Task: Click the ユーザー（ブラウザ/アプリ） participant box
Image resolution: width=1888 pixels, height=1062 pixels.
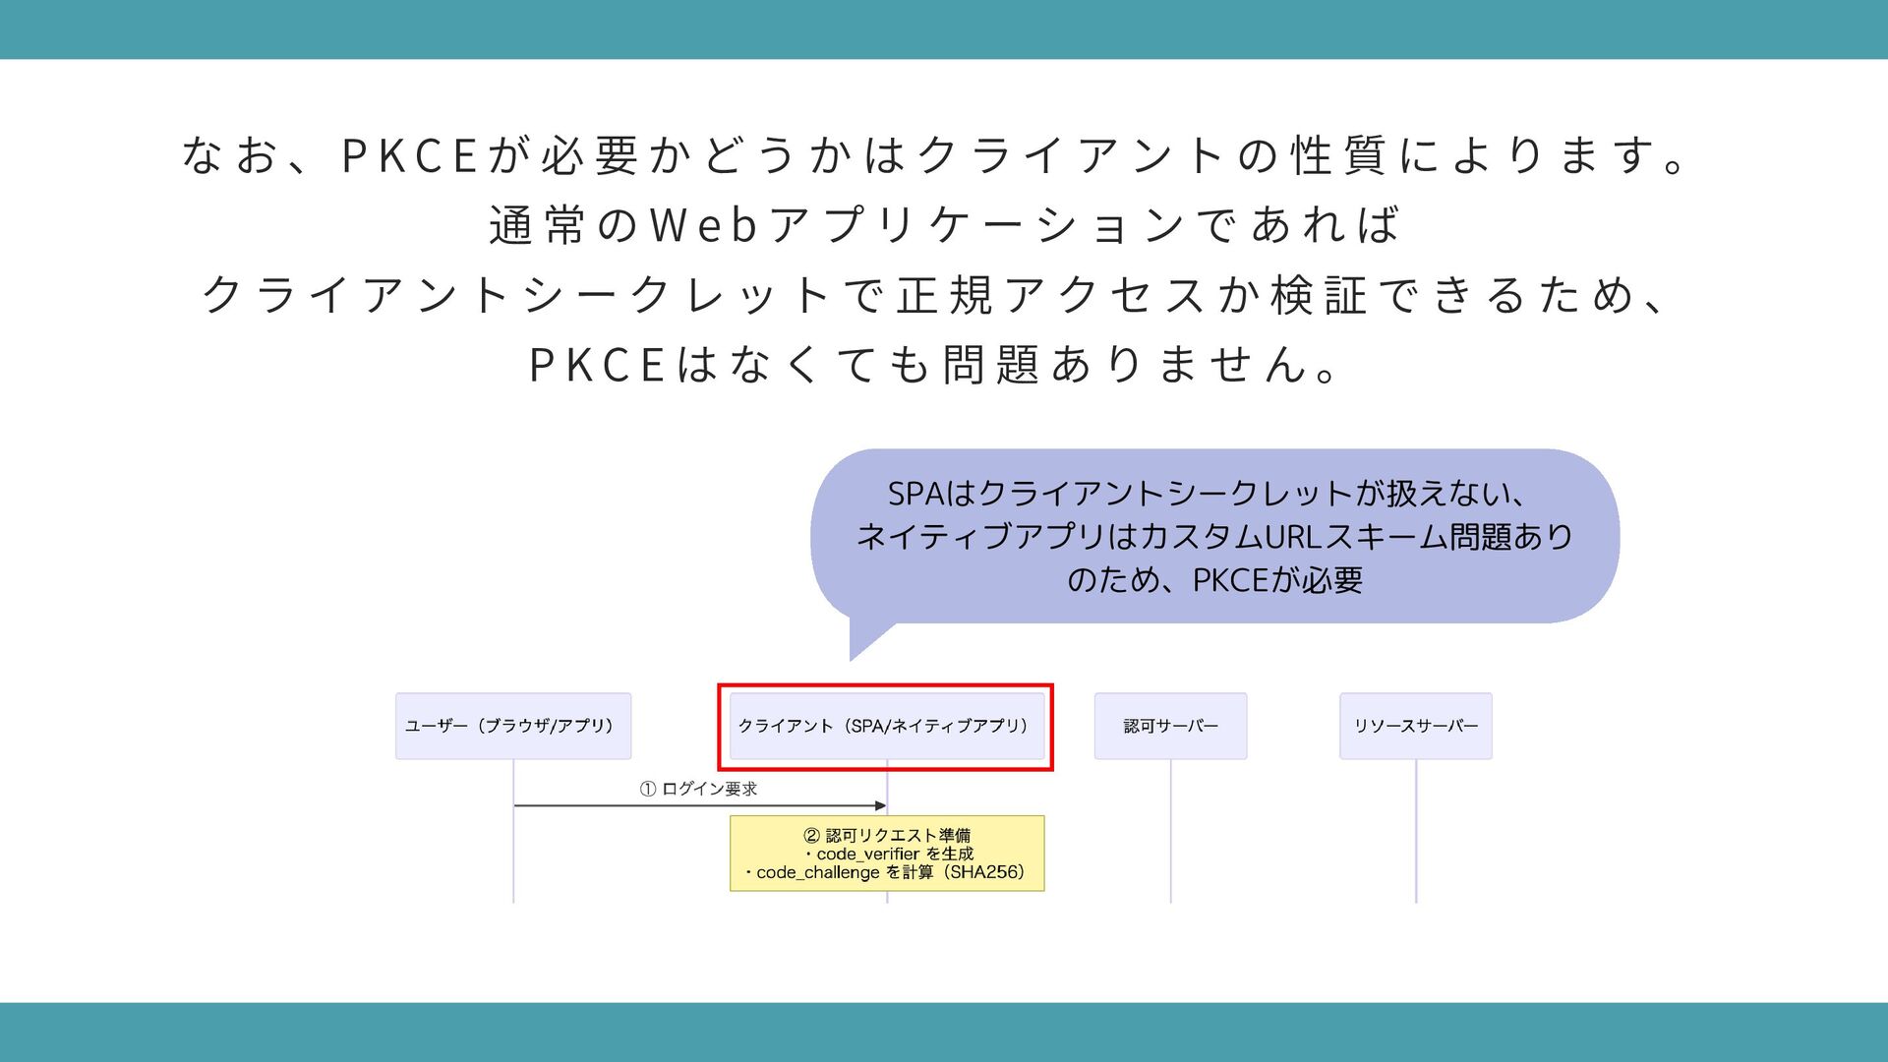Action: pyautogui.click(x=512, y=726)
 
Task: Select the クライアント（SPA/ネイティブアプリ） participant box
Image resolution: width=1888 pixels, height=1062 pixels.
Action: pyautogui.click(x=886, y=726)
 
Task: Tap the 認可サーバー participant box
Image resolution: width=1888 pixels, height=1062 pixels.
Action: pyautogui.click(x=1170, y=726)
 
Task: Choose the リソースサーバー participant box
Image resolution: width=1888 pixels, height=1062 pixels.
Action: pyautogui.click(x=1415, y=726)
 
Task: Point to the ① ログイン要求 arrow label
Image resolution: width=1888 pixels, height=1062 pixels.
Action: pyautogui.click(x=698, y=789)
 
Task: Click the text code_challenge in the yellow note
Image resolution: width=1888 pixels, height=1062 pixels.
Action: pyautogui.click(x=817, y=872)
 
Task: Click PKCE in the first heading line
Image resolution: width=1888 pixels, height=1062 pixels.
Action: pyautogui.click(x=409, y=155)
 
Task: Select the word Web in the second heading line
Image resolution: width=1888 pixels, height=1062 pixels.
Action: pyautogui.click(x=703, y=225)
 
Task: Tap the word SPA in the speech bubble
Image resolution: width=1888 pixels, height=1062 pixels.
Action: pyautogui.click(x=914, y=493)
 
